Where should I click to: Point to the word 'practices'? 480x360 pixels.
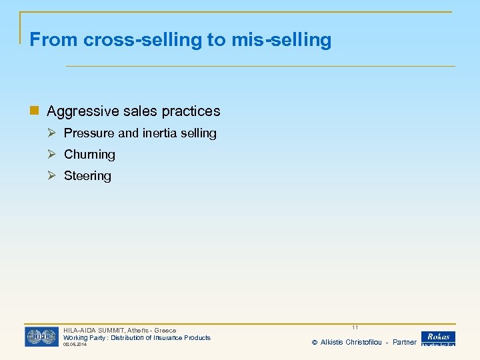pyautogui.click(x=191, y=111)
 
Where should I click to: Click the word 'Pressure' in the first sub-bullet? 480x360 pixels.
pyautogui.click(x=89, y=133)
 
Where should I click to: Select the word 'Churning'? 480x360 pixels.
pyautogui.click(x=89, y=155)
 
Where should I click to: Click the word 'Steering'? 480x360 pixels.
pyautogui.click(x=87, y=176)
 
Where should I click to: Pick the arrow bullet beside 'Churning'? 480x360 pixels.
pyautogui.click(x=53, y=154)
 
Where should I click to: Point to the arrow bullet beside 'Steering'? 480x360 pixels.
pyautogui.click(x=53, y=175)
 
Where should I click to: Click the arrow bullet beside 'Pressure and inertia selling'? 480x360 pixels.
pyautogui.click(x=53, y=133)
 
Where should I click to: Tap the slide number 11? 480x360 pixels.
pyautogui.click(x=355, y=327)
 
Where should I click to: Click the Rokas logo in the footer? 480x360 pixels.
pyautogui.click(x=438, y=338)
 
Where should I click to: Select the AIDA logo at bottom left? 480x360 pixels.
pyautogui.click(x=41, y=337)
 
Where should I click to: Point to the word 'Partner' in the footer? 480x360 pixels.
pyautogui.click(x=405, y=342)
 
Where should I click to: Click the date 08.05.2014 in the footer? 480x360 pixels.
pyautogui.click(x=75, y=345)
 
